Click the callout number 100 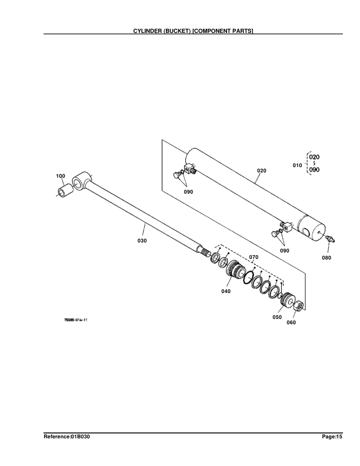pyautogui.click(x=61, y=176)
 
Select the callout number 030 pyautogui.click(x=142, y=241)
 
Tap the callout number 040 pyautogui.click(x=226, y=291)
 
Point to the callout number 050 pyautogui.click(x=277, y=317)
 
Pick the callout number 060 pyautogui.click(x=291, y=322)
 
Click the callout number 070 pyautogui.click(x=254, y=257)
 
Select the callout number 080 pyautogui.click(x=326, y=258)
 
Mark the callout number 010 pyautogui.click(x=297, y=165)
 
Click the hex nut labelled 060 pyautogui.click(x=298, y=305)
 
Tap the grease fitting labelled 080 pyautogui.click(x=330, y=238)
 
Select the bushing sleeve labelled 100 pyautogui.click(x=65, y=190)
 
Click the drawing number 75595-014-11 pyautogui.click(x=76, y=320)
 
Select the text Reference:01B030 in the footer pyautogui.click(x=67, y=437)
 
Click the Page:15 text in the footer pyautogui.click(x=332, y=437)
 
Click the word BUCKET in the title pyautogui.click(x=177, y=31)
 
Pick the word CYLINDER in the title pyautogui.click(x=147, y=31)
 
